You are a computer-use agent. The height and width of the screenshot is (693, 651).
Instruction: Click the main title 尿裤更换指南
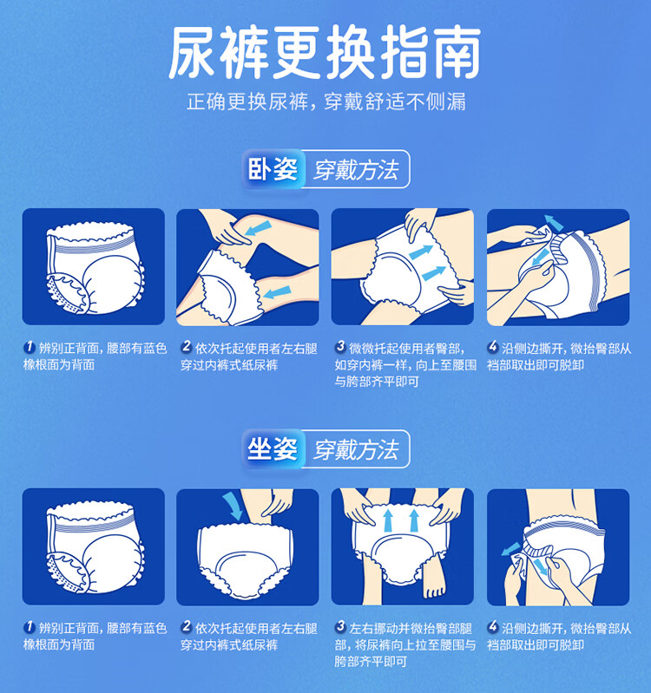(x=325, y=52)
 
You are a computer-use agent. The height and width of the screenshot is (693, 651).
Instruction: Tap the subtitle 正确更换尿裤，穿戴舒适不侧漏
(x=326, y=101)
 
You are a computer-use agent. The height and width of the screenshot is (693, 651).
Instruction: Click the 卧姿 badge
(x=273, y=169)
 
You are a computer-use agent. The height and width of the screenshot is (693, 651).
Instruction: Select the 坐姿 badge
(x=273, y=449)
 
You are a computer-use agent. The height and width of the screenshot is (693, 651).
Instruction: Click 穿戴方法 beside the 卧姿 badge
(x=356, y=170)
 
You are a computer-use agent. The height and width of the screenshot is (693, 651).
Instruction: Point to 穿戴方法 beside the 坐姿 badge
(x=356, y=450)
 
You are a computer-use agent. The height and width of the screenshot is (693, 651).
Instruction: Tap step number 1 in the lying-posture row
(x=30, y=347)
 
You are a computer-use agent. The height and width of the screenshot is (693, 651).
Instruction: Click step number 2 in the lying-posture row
(x=187, y=347)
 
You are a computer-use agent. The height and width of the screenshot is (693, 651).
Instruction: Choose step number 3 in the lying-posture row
(x=340, y=347)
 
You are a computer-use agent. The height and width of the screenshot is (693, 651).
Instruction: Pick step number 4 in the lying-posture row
(x=493, y=347)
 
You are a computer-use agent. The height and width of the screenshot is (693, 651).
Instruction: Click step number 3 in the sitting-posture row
(x=340, y=626)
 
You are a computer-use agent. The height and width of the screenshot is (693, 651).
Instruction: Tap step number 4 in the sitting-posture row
(x=493, y=626)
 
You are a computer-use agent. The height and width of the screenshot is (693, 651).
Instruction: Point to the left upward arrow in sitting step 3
(x=388, y=520)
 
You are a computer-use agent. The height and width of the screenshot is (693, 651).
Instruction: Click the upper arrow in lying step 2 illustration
(x=259, y=228)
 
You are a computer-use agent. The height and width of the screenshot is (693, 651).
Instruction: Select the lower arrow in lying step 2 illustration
(x=277, y=292)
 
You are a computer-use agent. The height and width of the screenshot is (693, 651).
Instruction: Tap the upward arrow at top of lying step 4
(x=553, y=222)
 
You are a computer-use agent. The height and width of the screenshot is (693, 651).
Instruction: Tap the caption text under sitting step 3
(x=405, y=644)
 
